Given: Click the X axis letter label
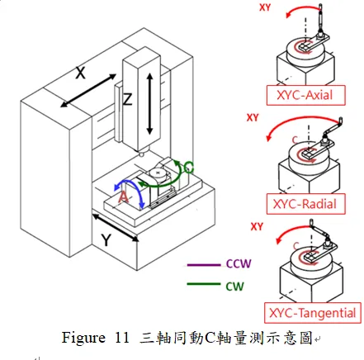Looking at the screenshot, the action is coord(80,73).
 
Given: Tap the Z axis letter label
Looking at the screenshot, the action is coord(127,99).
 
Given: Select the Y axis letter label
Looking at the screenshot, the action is coord(106,239).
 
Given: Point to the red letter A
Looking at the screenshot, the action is coord(124,197).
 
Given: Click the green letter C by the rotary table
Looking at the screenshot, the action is coord(189,167).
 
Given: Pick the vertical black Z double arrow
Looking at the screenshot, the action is coord(149,104).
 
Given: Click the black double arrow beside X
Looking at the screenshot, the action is coord(88,90).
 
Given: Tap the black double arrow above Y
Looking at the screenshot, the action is coord(116,228).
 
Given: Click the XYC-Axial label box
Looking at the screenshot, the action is coord(305,95).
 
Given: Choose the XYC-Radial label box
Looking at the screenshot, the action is coord(305,204).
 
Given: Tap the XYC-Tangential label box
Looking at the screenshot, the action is coord(313,313).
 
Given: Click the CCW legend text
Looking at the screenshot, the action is coord(239,263).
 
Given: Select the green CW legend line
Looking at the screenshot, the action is coord(204,284).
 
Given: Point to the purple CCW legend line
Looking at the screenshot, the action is coord(204,265).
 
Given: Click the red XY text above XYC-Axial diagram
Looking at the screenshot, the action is coord(265,7).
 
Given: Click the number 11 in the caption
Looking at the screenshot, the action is coord(121,338).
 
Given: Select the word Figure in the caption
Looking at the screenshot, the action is coord(83,338).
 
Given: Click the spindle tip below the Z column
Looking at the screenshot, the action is coord(142,154).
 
